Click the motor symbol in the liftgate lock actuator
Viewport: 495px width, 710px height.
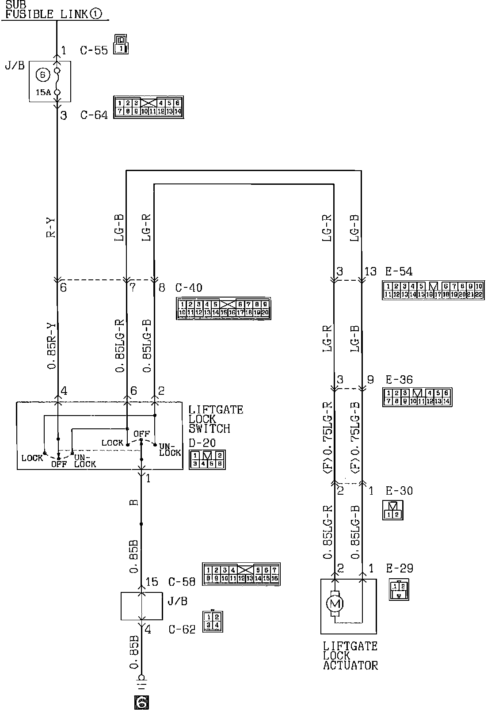point(334,603)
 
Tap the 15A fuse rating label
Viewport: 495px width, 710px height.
point(42,92)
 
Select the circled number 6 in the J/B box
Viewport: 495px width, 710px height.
point(42,75)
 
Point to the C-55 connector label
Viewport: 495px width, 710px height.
point(94,50)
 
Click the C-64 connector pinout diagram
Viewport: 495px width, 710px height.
point(148,107)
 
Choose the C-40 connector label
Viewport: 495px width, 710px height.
point(189,288)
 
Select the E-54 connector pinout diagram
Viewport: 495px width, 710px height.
point(433,290)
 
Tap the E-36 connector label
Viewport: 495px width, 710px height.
point(399,380)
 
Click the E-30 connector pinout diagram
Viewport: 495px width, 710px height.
point(393,510)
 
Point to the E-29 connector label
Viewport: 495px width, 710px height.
point(399,568)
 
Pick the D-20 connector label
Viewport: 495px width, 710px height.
point(202,443)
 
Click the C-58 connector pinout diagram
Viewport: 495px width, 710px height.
point(241,574)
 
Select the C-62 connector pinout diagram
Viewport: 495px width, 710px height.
point(213,620)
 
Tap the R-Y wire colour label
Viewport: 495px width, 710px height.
point(51,227)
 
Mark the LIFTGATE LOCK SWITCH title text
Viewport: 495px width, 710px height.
point(216,419)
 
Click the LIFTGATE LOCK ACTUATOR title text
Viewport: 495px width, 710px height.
point(350,656)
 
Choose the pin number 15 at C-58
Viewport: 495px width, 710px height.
point(152,581)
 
